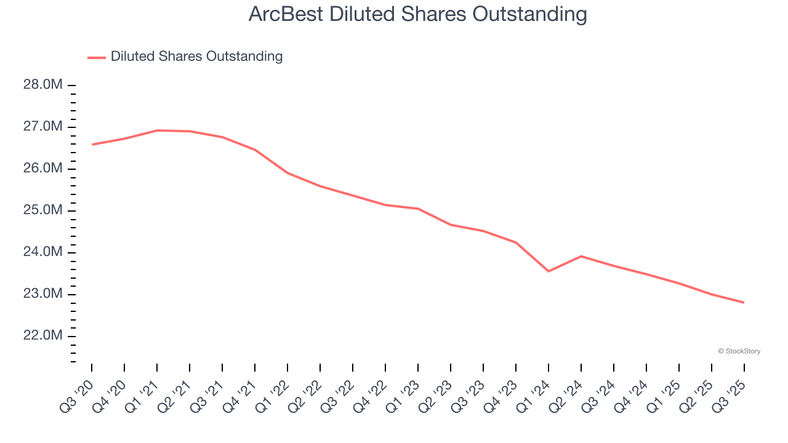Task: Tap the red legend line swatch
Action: pos(97,57)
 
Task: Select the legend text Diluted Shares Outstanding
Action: pos(196,57)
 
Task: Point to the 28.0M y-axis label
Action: pos(43,85)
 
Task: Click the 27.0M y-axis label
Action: pos(43,127)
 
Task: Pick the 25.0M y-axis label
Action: pos(43,210)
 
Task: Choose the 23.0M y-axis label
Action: pos(43,294)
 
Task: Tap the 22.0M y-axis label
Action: pos(43,336)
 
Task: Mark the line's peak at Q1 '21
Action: pos(157,130)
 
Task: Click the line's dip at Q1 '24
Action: pos(549,271)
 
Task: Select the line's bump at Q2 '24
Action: pos(581,256)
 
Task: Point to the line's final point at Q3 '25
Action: pos(744,303)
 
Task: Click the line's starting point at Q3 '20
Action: pos(92,145)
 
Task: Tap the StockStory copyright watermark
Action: pos(739,351)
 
